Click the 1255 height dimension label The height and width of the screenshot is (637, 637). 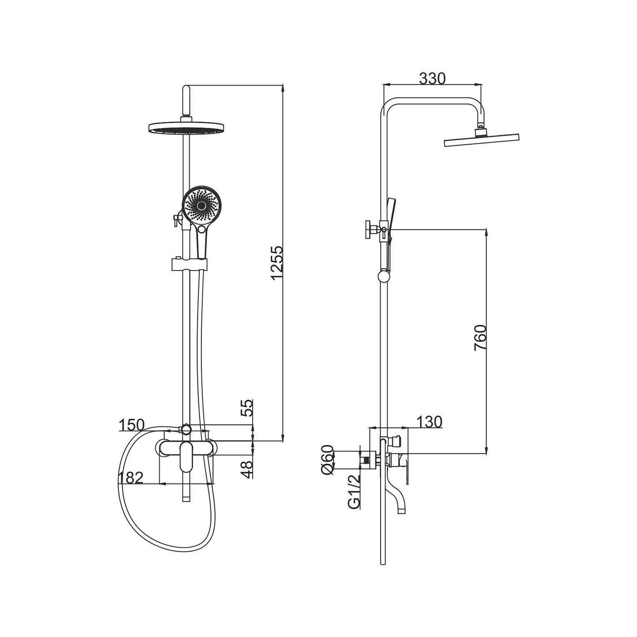[276, 262]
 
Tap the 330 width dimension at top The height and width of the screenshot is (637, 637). [432, 79]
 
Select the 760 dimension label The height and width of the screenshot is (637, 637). [480, 338]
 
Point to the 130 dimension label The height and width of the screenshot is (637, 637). [429, 422]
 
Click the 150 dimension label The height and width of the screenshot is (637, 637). [132, 425]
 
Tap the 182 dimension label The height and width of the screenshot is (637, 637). [131, 478]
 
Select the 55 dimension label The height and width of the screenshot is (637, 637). [247, 408]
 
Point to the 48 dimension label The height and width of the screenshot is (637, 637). [247, 470]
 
